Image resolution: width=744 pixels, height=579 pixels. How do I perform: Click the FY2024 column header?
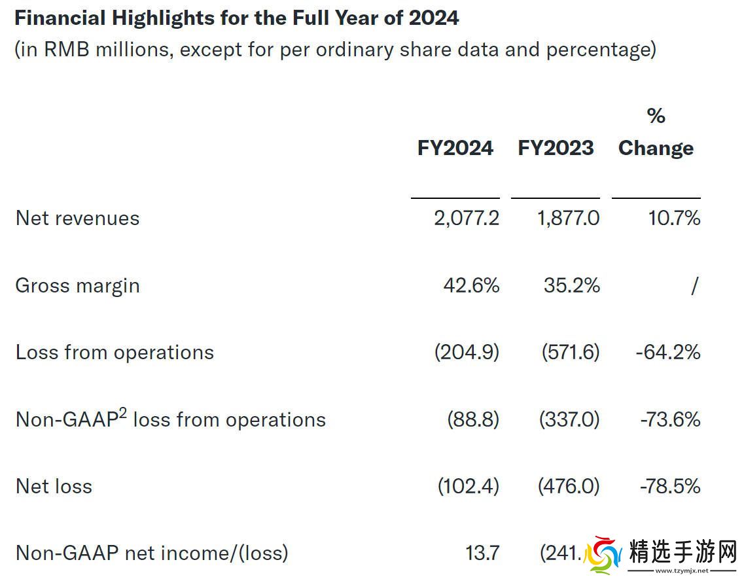(x=455, y=148)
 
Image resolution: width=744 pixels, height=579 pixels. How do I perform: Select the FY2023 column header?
(x=556, y=148)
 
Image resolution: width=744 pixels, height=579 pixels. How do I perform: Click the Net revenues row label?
(x=77, y=218)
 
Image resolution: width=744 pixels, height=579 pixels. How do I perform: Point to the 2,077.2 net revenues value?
(x=466, y=218)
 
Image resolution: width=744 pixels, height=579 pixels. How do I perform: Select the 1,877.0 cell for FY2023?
(x=568, y=218)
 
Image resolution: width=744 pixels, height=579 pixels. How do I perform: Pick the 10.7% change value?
(x=674, y=218)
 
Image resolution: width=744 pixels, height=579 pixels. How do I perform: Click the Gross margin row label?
(x=77, y=286)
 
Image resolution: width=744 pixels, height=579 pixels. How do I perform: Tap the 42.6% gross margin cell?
(x=471, y=286)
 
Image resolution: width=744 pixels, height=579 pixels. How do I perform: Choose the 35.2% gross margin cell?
(x=571, y=286)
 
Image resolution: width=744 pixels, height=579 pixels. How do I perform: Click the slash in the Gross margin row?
(x=694, y=286)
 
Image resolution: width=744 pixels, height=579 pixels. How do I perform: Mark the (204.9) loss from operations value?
(x=467, y=353)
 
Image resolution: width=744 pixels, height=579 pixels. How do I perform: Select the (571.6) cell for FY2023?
(x=570, y=353)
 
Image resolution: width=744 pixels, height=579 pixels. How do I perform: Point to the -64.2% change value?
(x=667, y=353)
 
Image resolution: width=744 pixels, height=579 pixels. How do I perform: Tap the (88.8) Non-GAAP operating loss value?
(x=473, y=419)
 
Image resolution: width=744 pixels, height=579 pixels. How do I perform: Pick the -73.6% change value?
(x=670, y=419)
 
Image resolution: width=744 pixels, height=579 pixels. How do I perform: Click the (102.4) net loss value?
(x=468, y=486)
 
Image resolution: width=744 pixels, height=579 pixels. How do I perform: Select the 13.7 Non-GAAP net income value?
(x=482, y=553)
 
